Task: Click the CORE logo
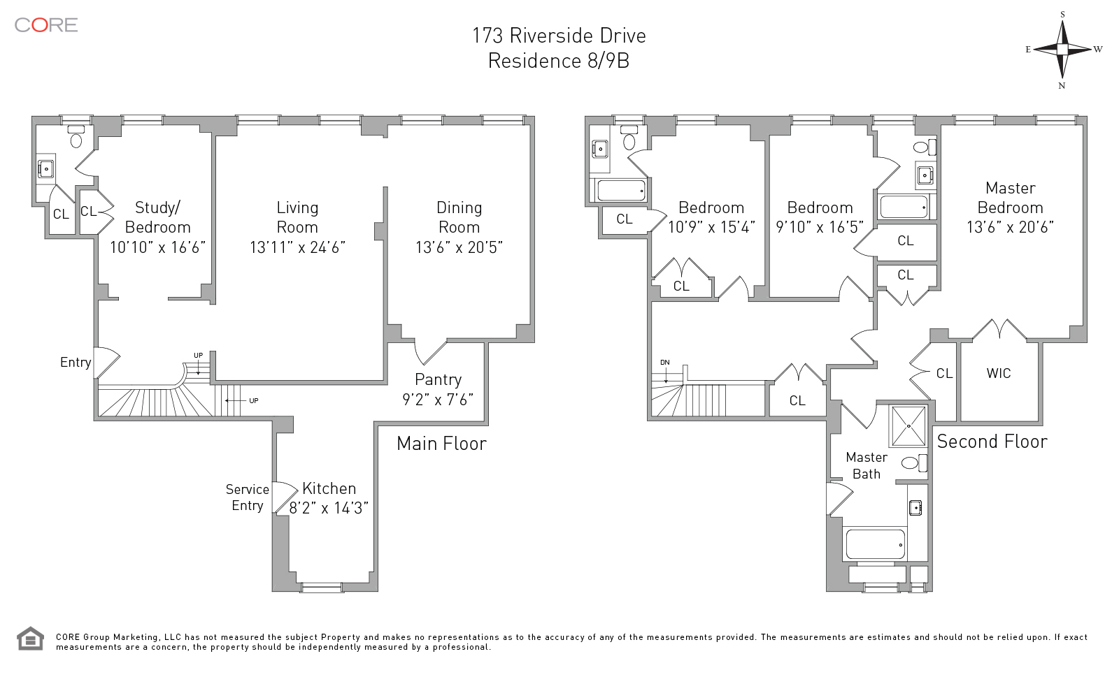pos(46,25)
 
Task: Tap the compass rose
pos(1062,50)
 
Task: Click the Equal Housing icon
pos(29,639)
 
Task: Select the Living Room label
pos(297,217)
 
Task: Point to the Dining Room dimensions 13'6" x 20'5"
pos(459,247)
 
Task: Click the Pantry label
pos(438,379)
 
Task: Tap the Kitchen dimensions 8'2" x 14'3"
pos(329,508)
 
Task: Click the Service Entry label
pos(248,497)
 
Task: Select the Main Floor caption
pos(441,444)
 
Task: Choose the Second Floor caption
pos(992,442)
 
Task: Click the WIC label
pos(999,374)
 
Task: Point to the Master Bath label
pos(867,465)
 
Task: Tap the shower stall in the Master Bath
pos(908,425)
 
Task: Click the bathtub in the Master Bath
pos(875,544)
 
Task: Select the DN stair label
pos(664,363)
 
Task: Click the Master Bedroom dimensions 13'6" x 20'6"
pos(1010,227)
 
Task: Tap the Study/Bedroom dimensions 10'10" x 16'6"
pos(157,247)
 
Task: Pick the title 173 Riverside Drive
pos(559,36)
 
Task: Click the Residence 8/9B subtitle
pos(559,61)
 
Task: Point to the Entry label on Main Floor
pos(76,362)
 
